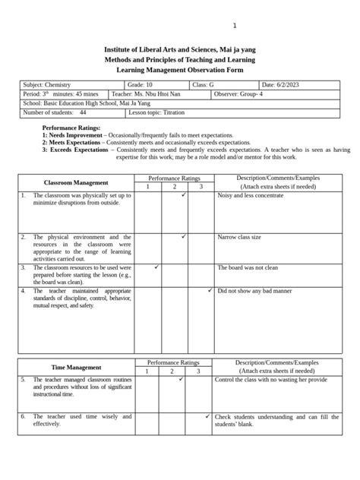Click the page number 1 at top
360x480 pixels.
click(235, 26)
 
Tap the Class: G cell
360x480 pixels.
click(206, 85)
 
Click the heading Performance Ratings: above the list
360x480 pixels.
click(71, 129)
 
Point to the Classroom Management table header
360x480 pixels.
click(76, 183)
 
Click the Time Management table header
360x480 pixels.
click(76, 367)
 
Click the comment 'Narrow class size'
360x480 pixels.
click(239, 238)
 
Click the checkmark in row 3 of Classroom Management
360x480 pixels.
click(156, 267)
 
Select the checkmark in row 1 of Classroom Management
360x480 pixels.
click(184, 195)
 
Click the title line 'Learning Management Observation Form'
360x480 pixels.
click(179, 68)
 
